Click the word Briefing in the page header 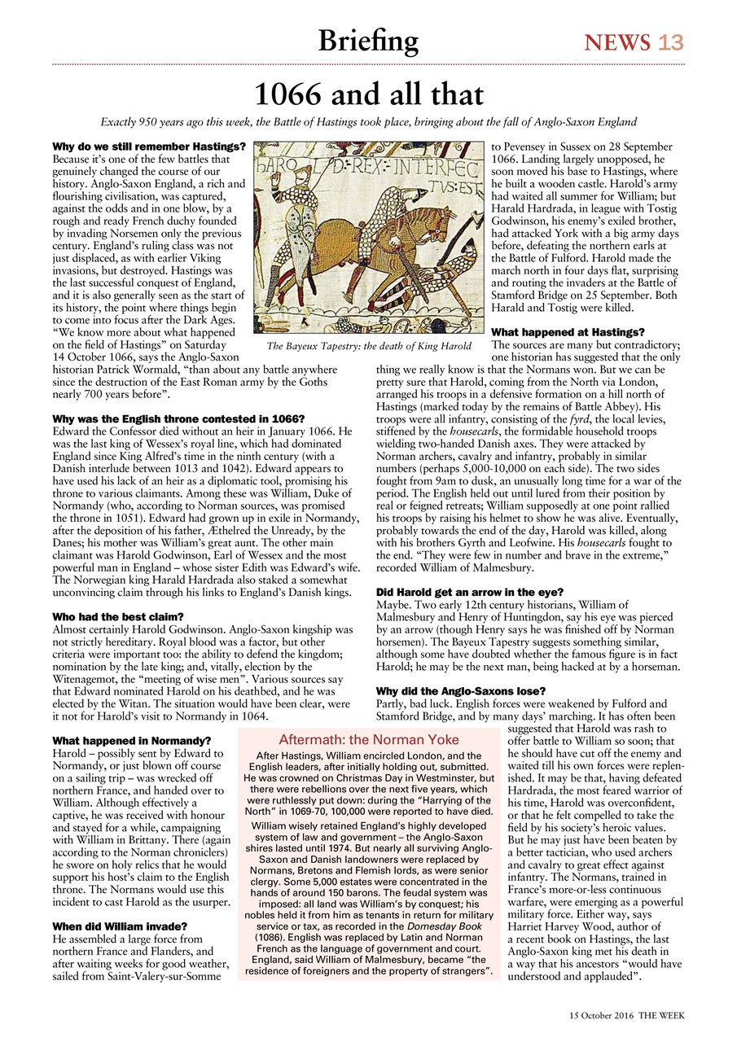point(368,40)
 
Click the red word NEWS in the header point(617,42)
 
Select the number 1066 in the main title point(295,94)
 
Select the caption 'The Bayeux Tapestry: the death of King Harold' point(369,346)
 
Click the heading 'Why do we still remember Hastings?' point(149,147)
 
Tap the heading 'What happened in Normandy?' point(131,741)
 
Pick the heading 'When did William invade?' point(120,926)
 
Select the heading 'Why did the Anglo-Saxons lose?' point(461,691)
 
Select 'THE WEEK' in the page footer point(661,1015)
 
